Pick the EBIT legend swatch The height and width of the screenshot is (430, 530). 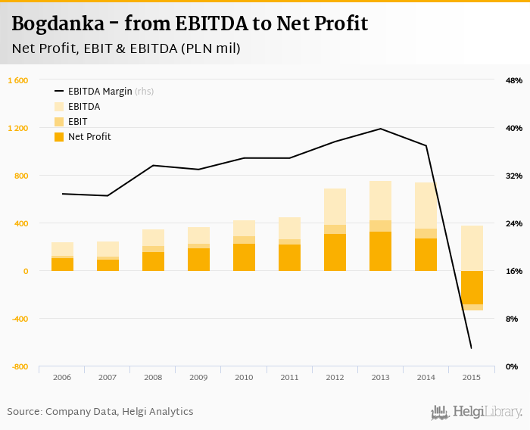click(59, 122)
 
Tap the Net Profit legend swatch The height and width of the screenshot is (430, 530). click(59, 137)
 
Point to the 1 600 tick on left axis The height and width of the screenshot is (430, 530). click(18, 80)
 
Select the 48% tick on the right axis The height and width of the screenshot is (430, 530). click(513, 80)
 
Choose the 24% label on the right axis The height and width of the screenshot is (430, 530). click(513, 223)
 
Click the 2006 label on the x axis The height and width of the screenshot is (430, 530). click(62, 377)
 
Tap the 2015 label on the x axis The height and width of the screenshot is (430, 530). click(472, 377)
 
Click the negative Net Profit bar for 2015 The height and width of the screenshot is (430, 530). click(472, 288)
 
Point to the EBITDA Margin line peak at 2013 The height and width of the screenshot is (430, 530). click(380, 129)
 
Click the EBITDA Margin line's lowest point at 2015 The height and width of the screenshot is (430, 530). click(471, 347)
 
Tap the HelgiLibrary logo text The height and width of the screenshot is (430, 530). click(487, 413)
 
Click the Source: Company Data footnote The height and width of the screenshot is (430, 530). click(100, 412)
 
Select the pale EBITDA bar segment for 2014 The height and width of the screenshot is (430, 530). click(426, 205)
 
